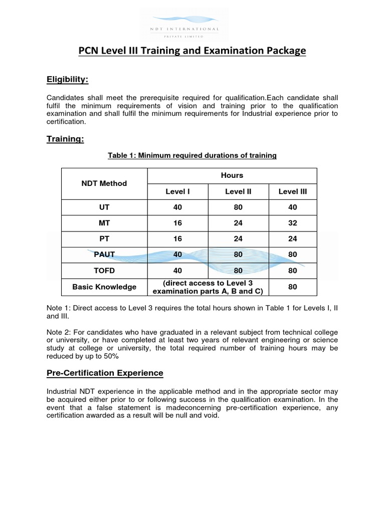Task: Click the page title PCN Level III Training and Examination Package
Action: [x=192, y=52]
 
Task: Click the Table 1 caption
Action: [x=192, y=155]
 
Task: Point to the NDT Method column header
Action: [x=104, y=183]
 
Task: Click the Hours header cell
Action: [x=232, y=175]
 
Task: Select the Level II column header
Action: [x=238, y=191]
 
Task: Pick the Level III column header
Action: [x=293, y=191]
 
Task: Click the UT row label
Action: [x=104, y=207]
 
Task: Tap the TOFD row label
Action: [x=104, y=271]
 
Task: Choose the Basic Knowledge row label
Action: [x=104, y=287]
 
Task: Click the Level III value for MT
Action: [x=293, y=223]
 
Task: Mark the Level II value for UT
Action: [x=238, y=207]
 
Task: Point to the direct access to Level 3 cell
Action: [x=208, y=287]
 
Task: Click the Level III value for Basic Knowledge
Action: [x=293, y=287]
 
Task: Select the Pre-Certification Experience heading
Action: [x=105, y=373]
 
